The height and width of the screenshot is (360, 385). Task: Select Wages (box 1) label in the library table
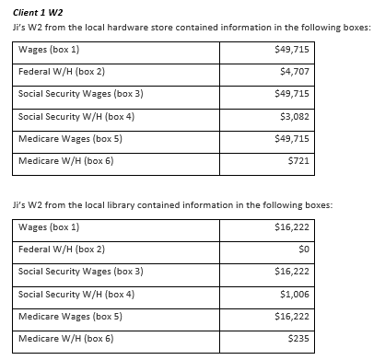point(49,227)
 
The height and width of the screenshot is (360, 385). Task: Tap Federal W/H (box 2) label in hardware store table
point(62,71)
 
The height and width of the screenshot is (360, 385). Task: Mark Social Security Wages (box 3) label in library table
point(81,272)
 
